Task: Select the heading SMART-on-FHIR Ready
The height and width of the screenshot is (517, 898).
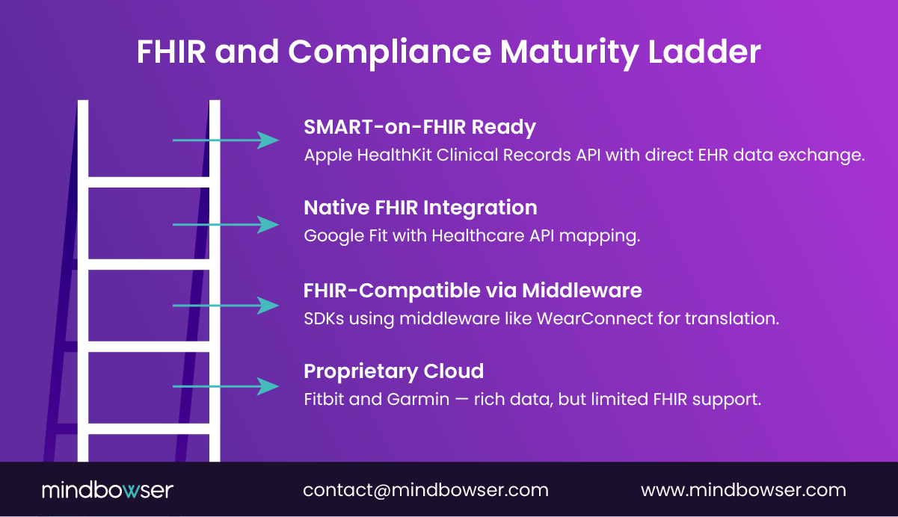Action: (419, 127)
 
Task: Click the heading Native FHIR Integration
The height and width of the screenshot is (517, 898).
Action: (420, 208)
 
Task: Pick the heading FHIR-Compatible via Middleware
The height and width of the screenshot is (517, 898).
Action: (473, 290)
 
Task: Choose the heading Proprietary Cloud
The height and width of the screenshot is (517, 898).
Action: (393, 371)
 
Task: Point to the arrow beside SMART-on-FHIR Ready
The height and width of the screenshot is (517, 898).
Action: (225, 140)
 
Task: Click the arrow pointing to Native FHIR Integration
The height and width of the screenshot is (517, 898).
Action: (225, 224)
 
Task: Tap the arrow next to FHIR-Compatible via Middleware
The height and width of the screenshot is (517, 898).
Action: (225, 305)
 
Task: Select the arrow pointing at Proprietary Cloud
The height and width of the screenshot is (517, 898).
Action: (225, 386)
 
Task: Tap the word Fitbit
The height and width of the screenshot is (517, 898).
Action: (324, 399)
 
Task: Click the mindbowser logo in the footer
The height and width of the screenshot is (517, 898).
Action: (108, 490)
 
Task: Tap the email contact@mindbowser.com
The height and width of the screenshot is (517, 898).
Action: (425, 490)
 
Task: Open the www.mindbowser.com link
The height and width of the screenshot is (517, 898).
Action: (743, 490)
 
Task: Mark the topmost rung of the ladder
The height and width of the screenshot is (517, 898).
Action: (149, 182)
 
